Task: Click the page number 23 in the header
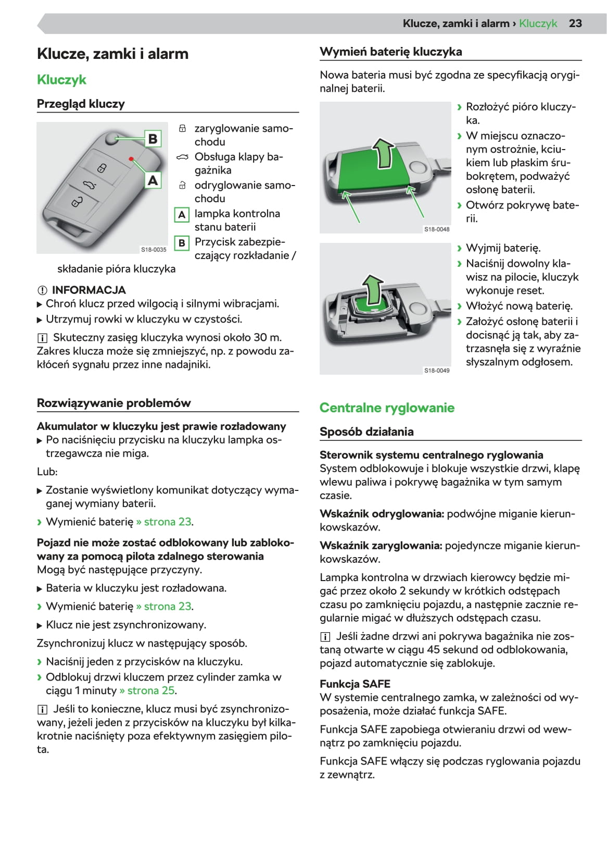(x=575, y=23)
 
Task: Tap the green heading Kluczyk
(x=61, y=80)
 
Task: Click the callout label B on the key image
(x=153, y=139)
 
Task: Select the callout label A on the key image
(x=153, y=180)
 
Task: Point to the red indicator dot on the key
(x=131, y=158)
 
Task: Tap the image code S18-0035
(x=154, y=250)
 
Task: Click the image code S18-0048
(x=437, y=229)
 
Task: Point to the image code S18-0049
(x=437, y=371)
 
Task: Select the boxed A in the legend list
(x=182, y=215)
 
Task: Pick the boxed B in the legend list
(x=182, y=243)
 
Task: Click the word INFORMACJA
(x=88, y=290)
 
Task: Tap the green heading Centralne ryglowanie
(x=387, y=408)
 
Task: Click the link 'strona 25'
(x=150, y=691)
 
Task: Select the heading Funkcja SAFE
(x=355, y=684)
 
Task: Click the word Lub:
(x=47, y=472)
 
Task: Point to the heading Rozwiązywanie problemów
(x=113, y=403)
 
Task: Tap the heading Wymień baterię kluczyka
(x=390, y=52)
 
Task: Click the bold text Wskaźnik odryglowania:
(x=382, y=514)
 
